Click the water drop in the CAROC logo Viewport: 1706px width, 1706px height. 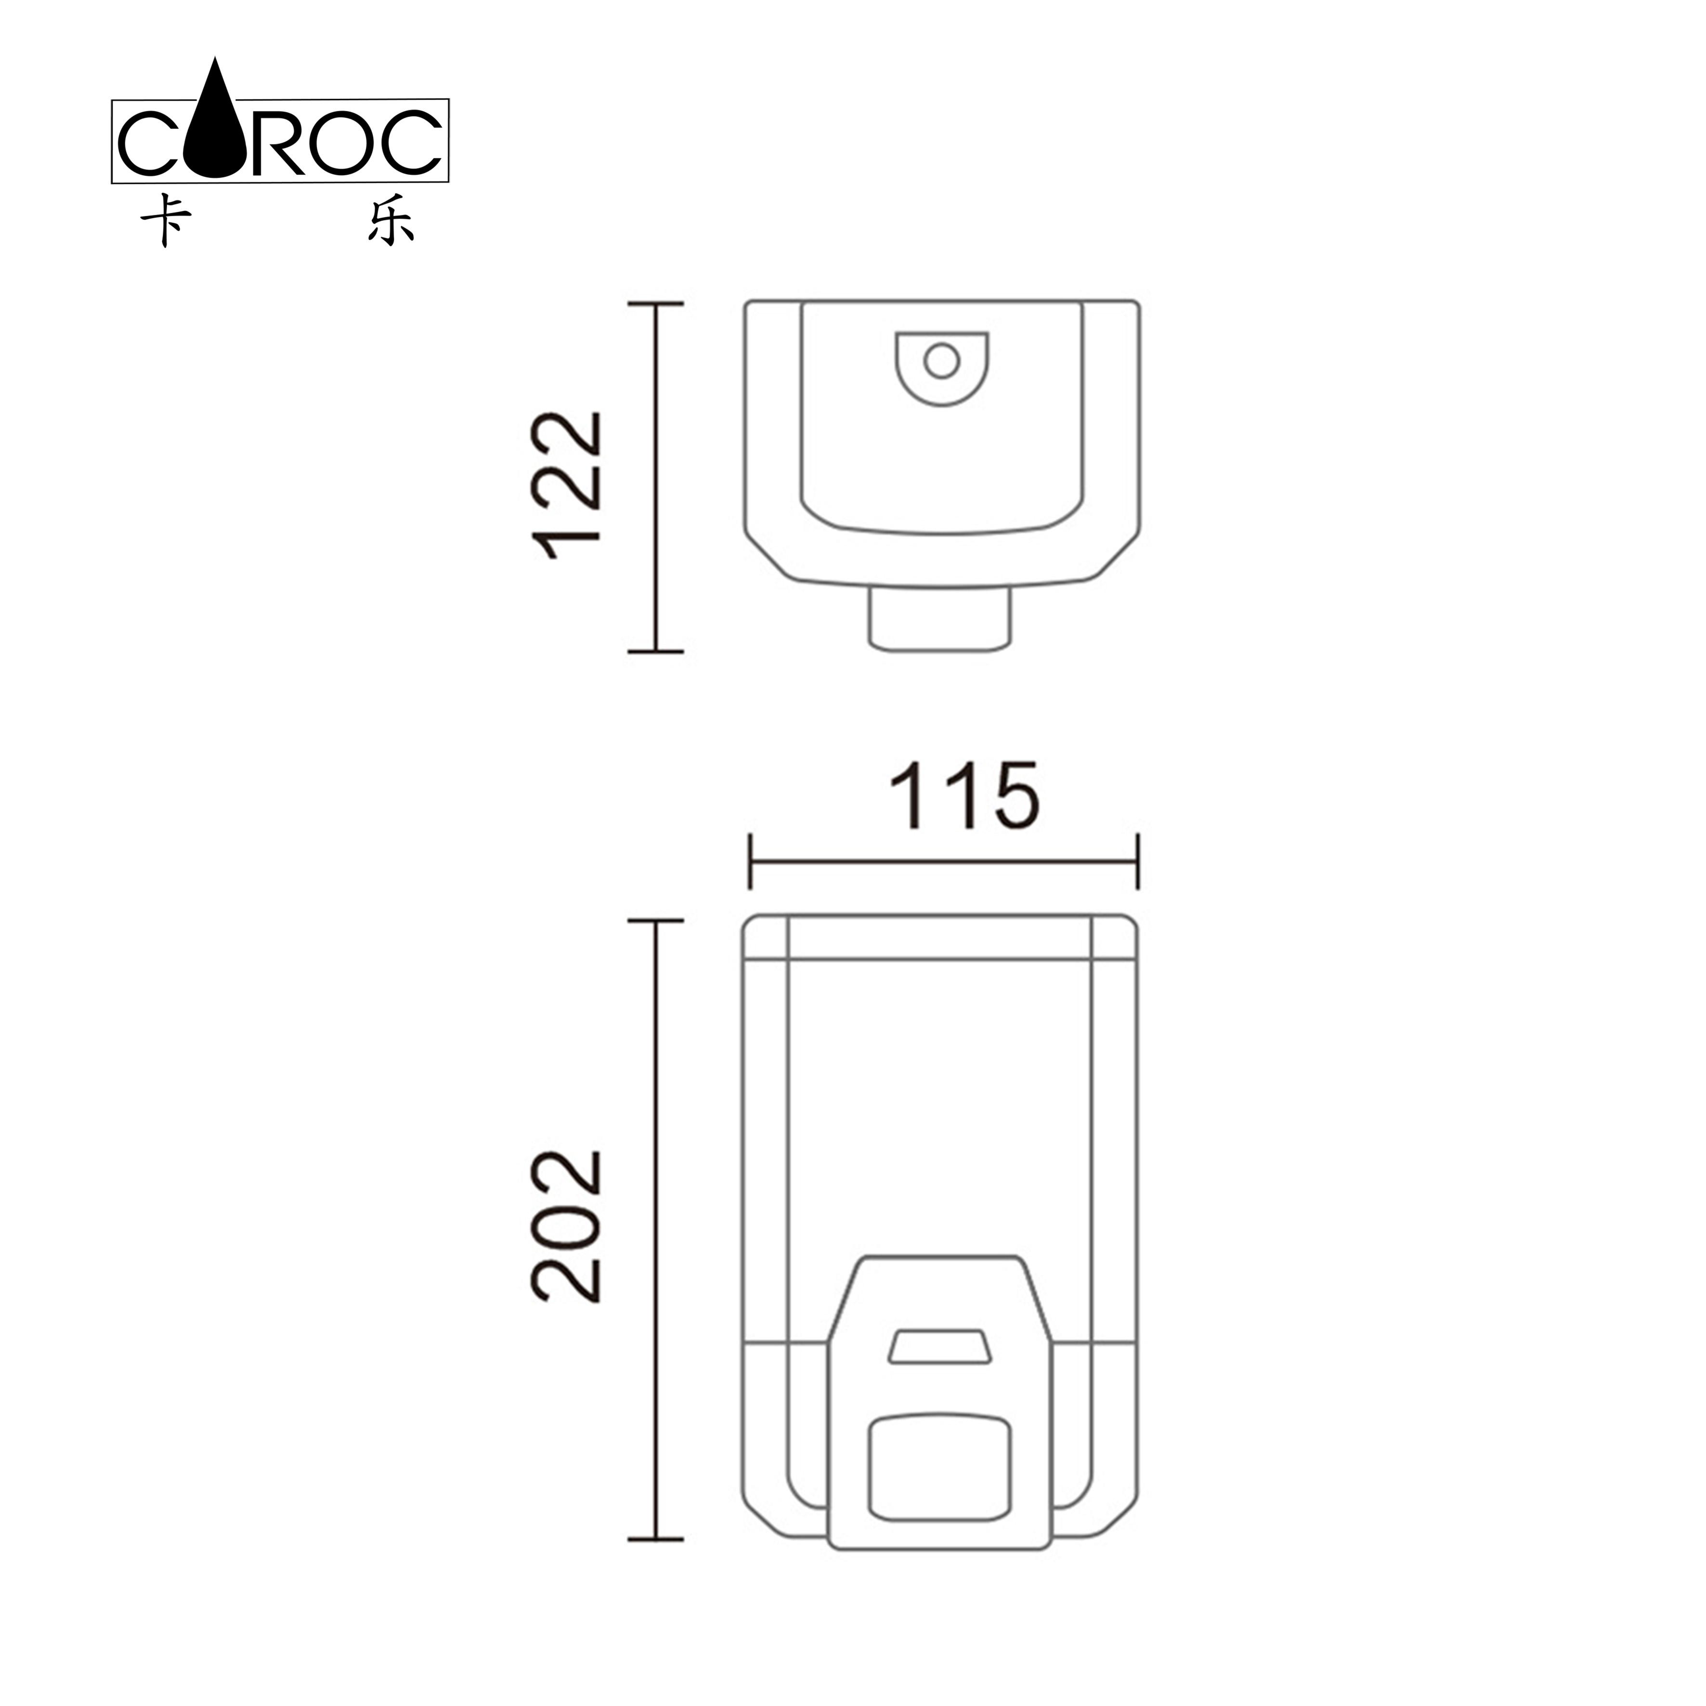(215, 128)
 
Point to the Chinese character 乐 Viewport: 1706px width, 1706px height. (391, 219)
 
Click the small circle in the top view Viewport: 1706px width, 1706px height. (941, 360)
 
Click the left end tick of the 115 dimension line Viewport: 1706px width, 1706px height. (750, 861)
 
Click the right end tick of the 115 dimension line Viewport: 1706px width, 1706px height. (1137, 861)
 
